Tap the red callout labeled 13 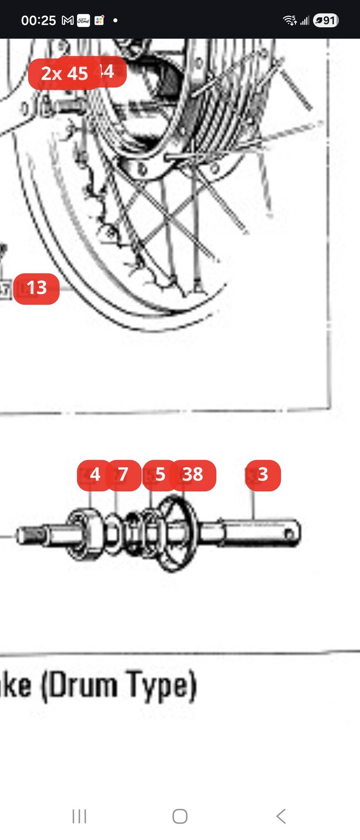coord(36,288)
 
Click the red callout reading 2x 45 coord(64,73)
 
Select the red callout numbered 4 coord(94,475)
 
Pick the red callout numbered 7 coord(123,475)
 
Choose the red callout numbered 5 coord(160,475)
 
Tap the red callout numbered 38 coord(193,475)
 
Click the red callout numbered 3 coord(263,475)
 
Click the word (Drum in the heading coord(79,686)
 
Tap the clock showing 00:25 coord(38,20)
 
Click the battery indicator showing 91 coord(326,20)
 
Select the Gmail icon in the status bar coord(68,20)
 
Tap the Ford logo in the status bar coord(83,20)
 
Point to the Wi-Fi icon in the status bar coord(290,20)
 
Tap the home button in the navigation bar coord(180,816)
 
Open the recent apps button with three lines coord(79,816)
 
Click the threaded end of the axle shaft coord(29,535)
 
